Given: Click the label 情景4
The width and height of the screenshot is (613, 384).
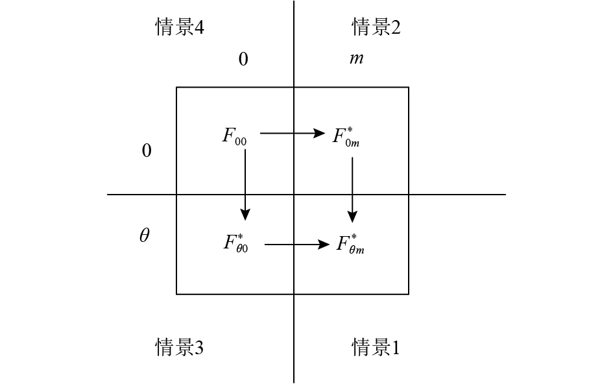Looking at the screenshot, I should [x=180, y=27].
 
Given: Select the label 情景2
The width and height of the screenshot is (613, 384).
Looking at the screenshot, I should [x=376, y=27].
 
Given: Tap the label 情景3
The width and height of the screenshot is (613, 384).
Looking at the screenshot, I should [x=180, y=348].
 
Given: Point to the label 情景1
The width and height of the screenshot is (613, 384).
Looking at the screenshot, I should [x=376, y=348].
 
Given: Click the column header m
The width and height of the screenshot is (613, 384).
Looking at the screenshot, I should [x=356, y=59].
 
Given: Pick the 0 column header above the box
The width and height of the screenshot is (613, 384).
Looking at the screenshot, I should [x=243, y=60].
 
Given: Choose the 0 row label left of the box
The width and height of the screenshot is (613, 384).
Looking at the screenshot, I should [x=147, y=151].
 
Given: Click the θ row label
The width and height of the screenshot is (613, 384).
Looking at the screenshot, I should [x=144, y=235].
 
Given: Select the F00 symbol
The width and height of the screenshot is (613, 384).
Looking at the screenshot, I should [x=234, y=136].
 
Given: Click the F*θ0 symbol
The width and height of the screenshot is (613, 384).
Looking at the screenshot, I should [x=235, y=243].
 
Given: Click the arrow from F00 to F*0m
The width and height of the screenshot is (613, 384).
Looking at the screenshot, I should [x=292, y=134].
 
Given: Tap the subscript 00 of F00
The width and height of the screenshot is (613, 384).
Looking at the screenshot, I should [x=240, y=140].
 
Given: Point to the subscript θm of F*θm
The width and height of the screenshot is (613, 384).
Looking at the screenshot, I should [x=356, y=250].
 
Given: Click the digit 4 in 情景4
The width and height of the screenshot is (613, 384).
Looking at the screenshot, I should [x=199, y=27].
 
